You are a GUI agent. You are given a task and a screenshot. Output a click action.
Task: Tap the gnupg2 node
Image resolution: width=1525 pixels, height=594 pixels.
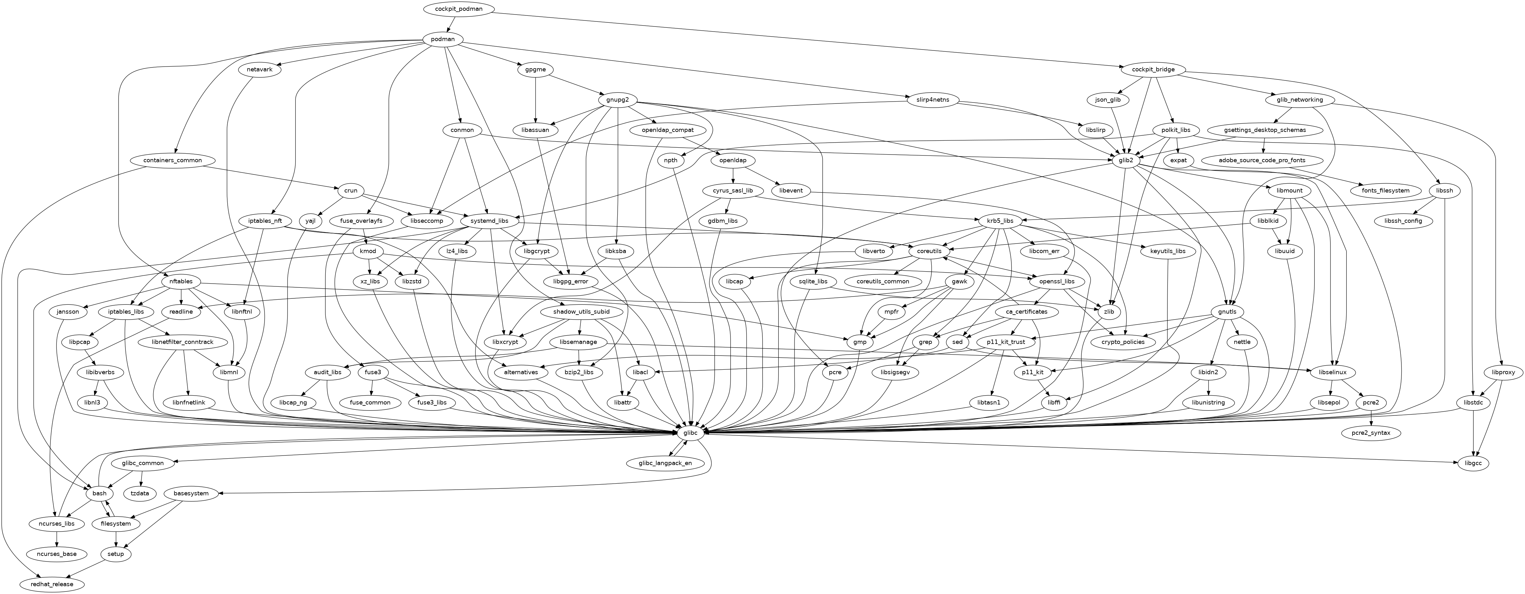617,99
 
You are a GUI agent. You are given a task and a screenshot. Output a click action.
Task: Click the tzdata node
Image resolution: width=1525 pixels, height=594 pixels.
140,493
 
